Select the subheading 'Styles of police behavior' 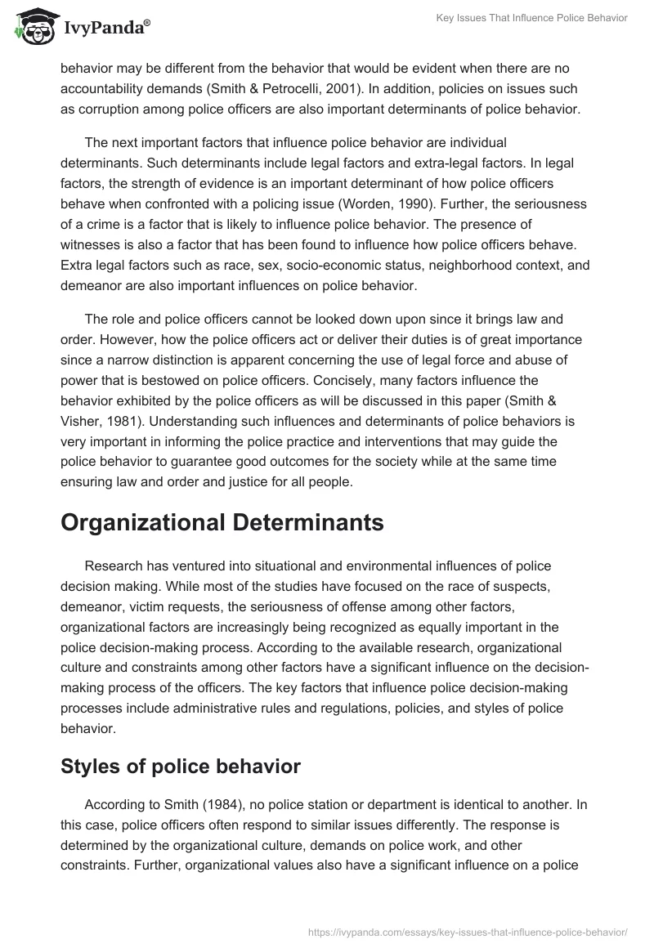click(x=181, y=767)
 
